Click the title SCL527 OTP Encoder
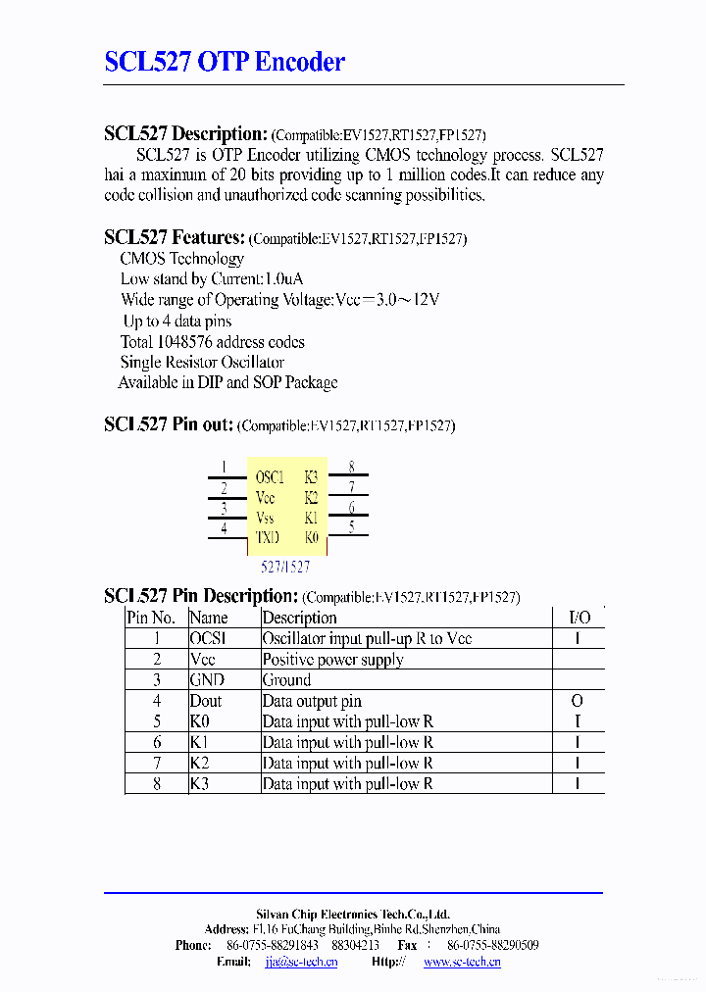click(225, 62)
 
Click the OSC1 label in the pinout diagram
click(270, 477)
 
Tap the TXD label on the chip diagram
click(267, 537)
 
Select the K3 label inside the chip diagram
click(311, 477)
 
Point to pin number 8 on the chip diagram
click(351, 468)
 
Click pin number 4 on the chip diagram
click(224, 528)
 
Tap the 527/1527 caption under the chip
click(285, 567)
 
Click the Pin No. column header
click(151, 618)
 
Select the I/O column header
click(580, 618)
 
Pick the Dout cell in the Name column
click(206, 701)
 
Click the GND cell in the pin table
click(207, 680)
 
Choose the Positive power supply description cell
click(332, 660)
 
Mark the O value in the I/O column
click(577, 701)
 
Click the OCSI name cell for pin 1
click(208, 639)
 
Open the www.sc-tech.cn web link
click(462, 962)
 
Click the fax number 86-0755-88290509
click(492, 945)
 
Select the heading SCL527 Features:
click(174, 237)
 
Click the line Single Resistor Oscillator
click(202, 363)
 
